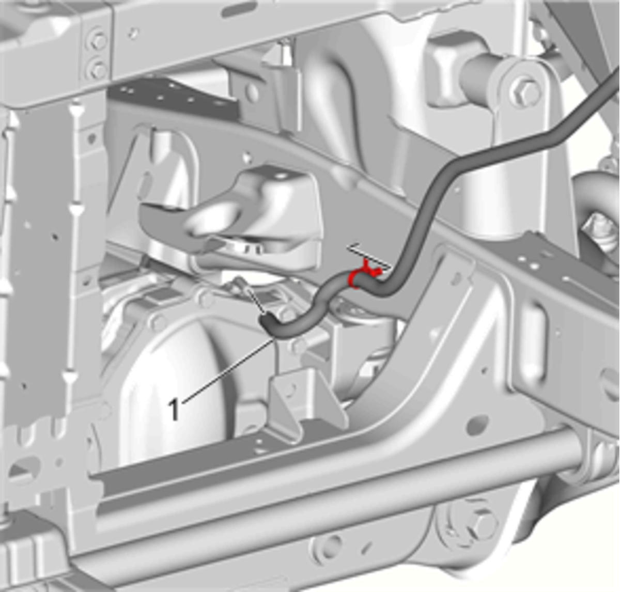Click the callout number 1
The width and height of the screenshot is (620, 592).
[174, 410]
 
